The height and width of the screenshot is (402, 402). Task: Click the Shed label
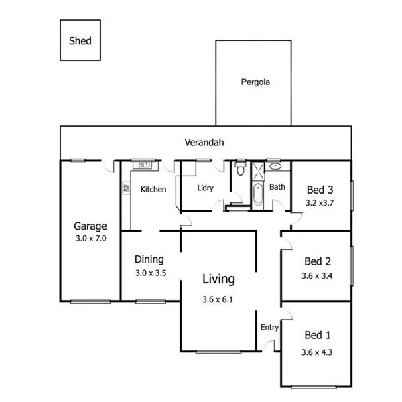pyautogui.click(x=80, y=41)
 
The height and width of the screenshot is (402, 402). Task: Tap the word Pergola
pyautogui.click(x=255, y=83)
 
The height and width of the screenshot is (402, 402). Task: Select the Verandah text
pyautogui.click(x=204, y=143)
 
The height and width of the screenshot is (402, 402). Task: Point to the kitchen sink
pyautogui.click(x=143, y=164)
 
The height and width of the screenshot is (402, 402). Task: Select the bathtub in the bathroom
pyautogui.click(x=258, y=195)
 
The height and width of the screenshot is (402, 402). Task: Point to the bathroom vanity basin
pyautogui.click(x=275, y=165)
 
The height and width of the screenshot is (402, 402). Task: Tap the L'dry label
pyautogui.click(x=205, y=188)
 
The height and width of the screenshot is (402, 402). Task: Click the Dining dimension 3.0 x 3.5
pyautogui.click(x=149, y=273)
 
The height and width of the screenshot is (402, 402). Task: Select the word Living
pyautogui.click(x=219, y=279)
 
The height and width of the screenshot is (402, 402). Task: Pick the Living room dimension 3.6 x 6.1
pyautogui.click(x=218, y=300)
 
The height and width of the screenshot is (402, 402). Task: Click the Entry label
pyautogui.click(x=269, y=328)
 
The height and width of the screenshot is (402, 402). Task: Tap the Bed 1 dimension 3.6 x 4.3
pyautogui.click(x=318, y=351)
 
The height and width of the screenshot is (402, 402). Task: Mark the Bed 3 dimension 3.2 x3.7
pyautogui.click(x=320, y=201)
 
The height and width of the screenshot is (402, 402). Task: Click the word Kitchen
pyautogui.click(x=153, y=189)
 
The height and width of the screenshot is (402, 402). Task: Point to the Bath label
pyautogui.click(x=277, y=188)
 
